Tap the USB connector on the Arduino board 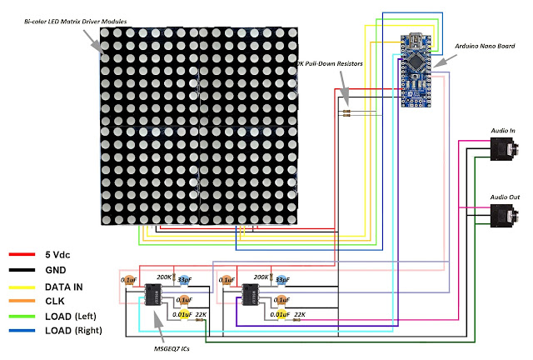[416, 37]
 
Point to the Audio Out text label [504, 197]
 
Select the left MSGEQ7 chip [153, 297]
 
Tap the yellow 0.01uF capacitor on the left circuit [187, 313]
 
